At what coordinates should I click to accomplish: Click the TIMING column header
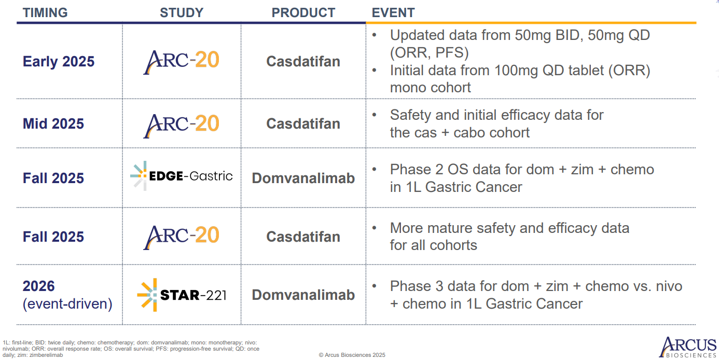45,13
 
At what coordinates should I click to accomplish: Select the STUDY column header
182,13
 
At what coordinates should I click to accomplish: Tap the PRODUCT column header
303,13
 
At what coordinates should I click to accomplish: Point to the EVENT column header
393,13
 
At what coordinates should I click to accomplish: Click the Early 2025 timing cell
59,61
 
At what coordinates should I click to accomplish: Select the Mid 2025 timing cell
53,123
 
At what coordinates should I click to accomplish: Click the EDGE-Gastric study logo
182,176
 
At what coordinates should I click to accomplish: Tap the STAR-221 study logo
182,295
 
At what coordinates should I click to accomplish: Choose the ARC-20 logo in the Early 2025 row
181,62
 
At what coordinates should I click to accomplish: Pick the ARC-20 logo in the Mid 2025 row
181,126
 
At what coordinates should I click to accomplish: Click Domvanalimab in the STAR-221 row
303,295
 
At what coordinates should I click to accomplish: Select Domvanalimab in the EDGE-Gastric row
303,178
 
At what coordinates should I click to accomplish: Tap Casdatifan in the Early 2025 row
303,61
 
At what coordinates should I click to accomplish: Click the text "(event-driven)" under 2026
67,303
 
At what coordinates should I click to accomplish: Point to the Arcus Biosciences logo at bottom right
687,347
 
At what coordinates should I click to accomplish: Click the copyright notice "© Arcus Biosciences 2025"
352,355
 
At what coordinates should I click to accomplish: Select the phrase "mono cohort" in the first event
431,88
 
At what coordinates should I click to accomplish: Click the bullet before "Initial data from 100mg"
374,70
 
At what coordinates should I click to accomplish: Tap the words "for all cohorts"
433,245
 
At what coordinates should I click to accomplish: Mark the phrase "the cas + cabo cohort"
460,132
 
